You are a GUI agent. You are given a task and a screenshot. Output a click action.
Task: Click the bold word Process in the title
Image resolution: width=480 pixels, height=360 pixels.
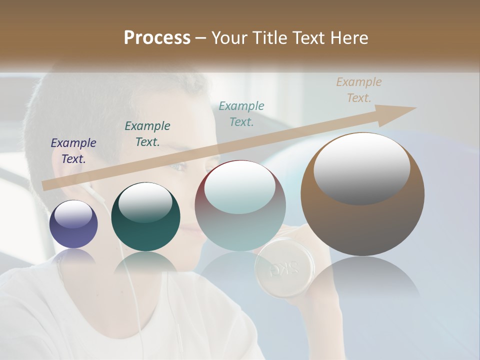157,38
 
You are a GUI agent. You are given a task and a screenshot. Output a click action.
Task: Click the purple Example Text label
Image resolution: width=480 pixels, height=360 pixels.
73,151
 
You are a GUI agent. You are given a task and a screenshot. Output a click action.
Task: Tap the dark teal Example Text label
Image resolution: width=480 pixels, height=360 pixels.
147,134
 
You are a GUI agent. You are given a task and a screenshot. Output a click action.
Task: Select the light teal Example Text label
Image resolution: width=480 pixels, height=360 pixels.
241,113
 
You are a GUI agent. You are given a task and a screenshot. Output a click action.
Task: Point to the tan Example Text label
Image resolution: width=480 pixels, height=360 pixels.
359,90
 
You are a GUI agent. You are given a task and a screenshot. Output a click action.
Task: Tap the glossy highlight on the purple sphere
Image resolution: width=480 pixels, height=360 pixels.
73,215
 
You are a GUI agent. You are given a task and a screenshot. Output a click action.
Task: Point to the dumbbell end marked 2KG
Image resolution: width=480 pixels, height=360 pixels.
283,269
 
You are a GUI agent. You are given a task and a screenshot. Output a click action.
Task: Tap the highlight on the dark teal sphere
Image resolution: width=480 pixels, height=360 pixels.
145,202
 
